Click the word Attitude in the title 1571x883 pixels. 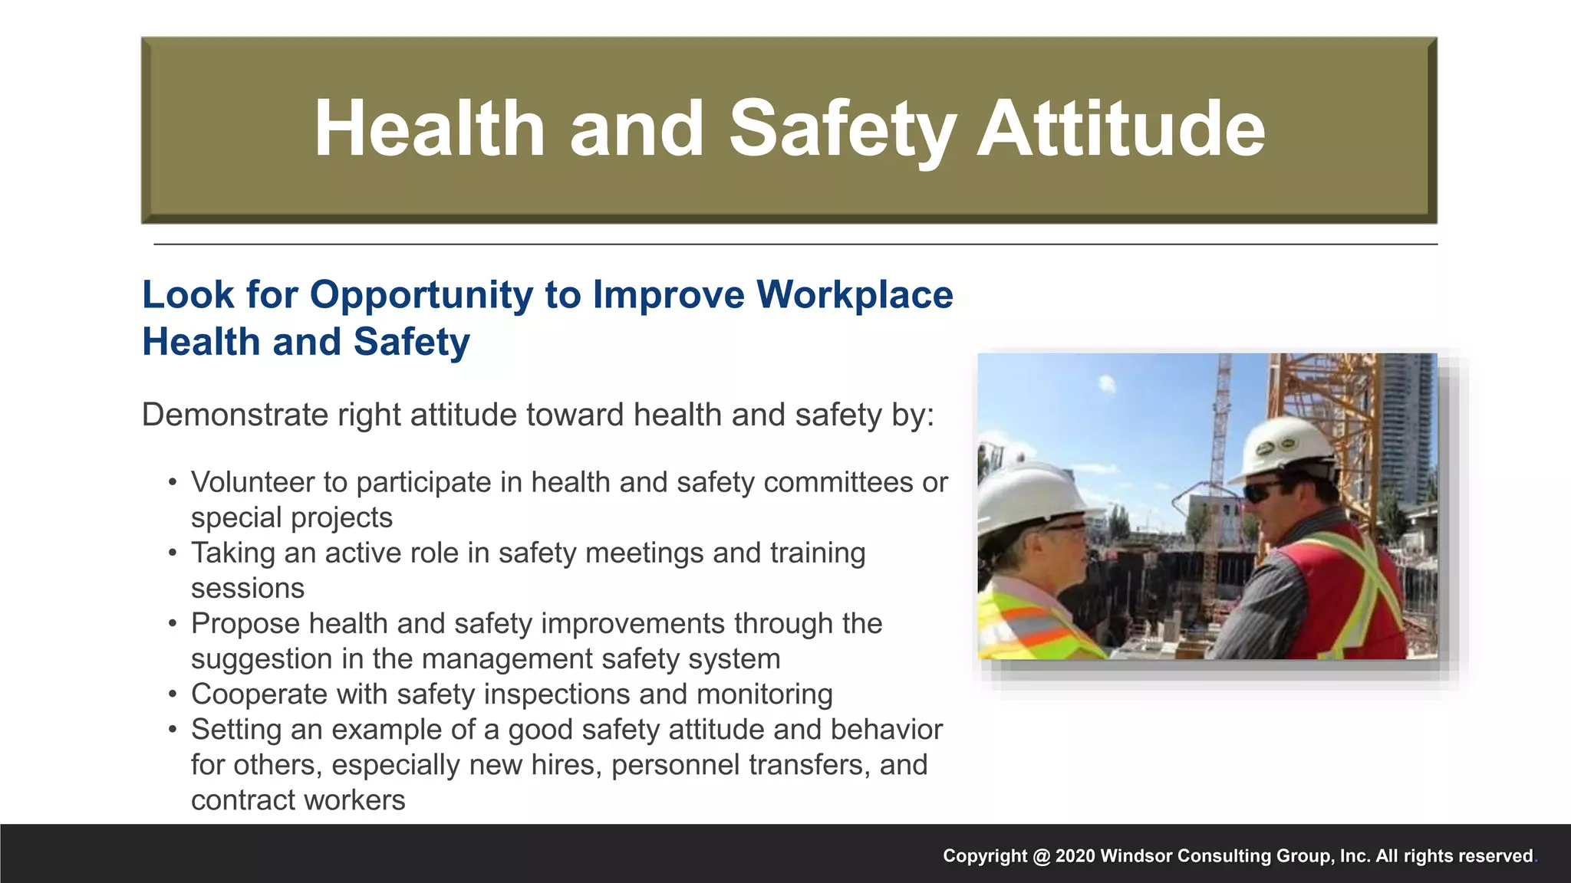(1120, 129)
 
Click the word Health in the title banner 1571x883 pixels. (430, 129)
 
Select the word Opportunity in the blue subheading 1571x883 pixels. (420, 295)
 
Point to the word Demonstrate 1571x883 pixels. (235, 415)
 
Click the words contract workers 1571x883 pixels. (298, 800)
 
